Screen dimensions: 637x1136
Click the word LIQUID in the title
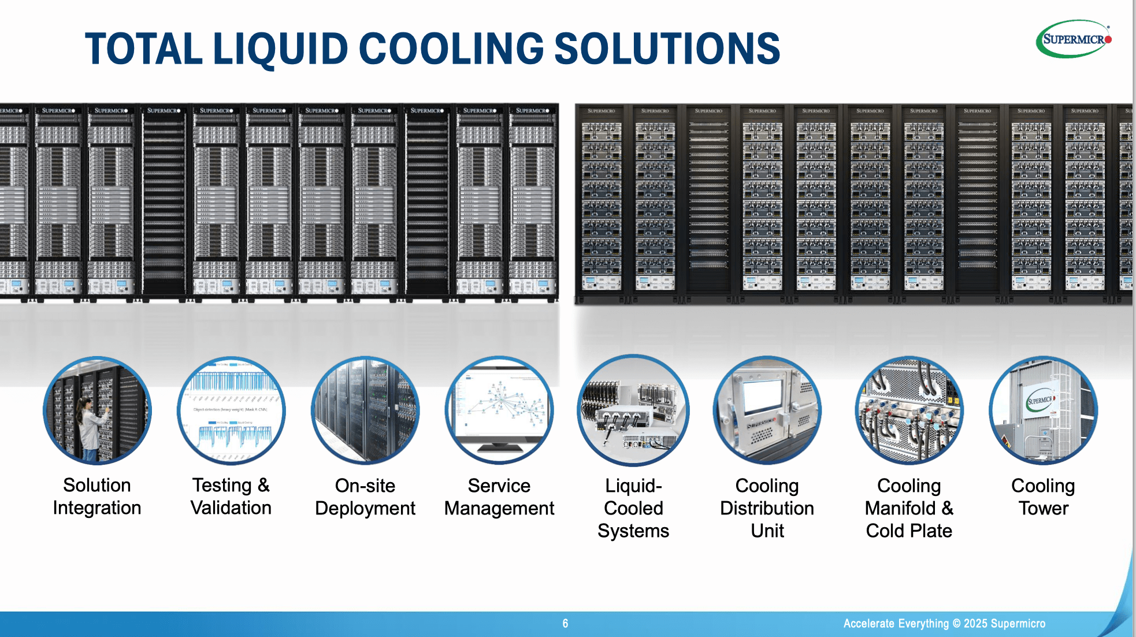pos(280,49)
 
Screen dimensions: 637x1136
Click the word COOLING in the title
pos(451,49)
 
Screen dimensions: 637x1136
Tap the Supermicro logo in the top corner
pos(1074,39)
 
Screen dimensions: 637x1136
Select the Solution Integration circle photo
pos(97,410)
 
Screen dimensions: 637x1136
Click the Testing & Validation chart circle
pos(231,410)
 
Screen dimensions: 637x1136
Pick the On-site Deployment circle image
pos(365,410)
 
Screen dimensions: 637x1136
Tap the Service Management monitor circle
pos(499,410)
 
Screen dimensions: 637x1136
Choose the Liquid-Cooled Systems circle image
pos(633,410)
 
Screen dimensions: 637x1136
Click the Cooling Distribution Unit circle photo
pos(767,410)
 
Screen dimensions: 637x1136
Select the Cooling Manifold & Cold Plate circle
pos(909,410)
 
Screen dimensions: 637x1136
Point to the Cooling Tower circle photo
pos(1043,410)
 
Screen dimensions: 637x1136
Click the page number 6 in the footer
pos(565,624)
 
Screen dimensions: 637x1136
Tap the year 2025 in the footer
pos(975,624)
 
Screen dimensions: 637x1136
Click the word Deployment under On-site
pos(365,509)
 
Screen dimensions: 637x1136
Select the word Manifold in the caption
pos(900,509)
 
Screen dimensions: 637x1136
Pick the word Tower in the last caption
pos(1043,509)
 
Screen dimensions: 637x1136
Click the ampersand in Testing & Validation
pos(263,486)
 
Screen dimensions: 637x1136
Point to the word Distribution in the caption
pos(767,509)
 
